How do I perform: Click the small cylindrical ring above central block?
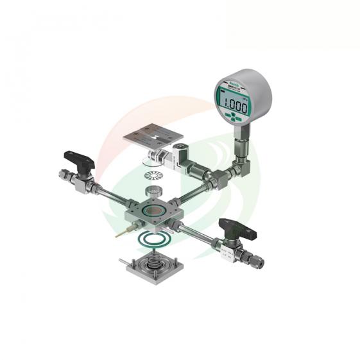tap(153, 191)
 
